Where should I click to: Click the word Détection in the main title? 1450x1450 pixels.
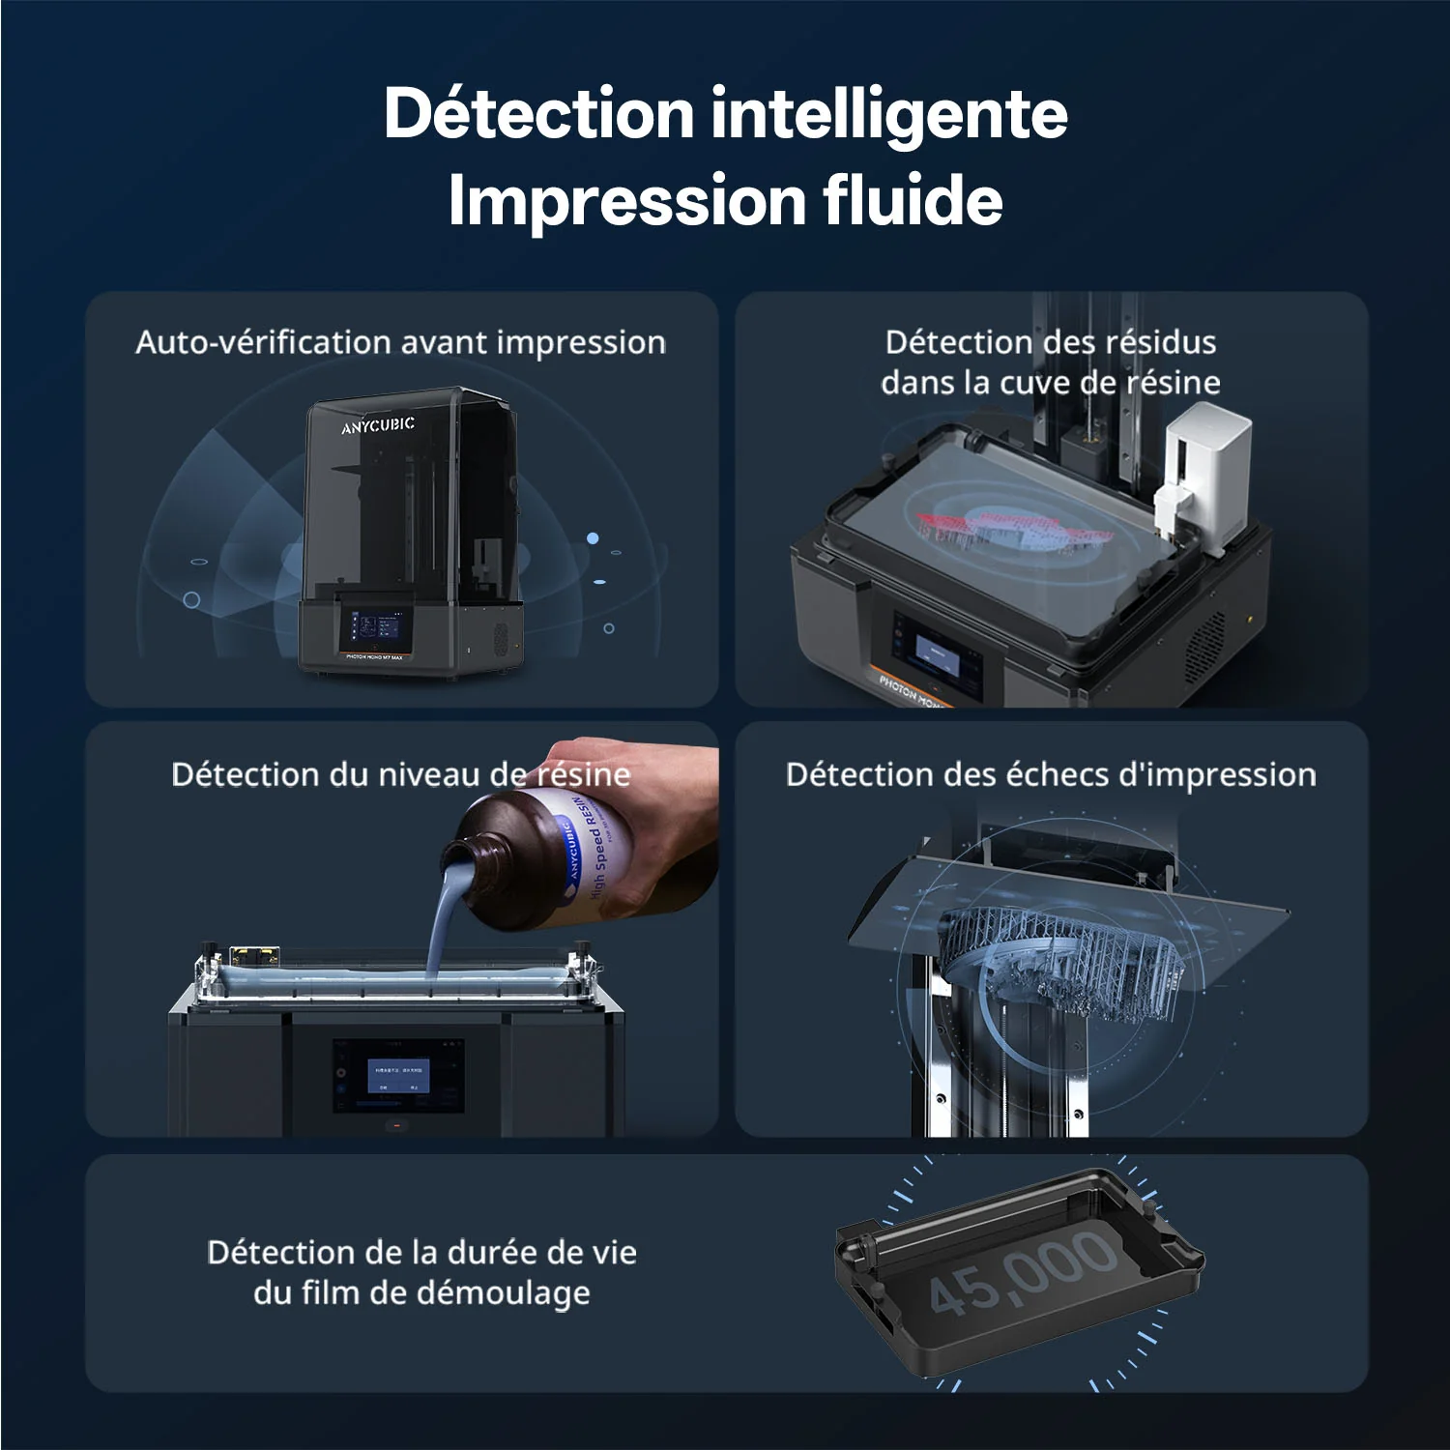coord(538,113)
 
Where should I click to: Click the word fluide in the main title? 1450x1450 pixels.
coord(913,200)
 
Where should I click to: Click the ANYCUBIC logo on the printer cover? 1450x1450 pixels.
coord(378,425)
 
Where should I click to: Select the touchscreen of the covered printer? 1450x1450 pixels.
coord(375,628)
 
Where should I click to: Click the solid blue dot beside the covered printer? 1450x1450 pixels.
coord(593,538)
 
